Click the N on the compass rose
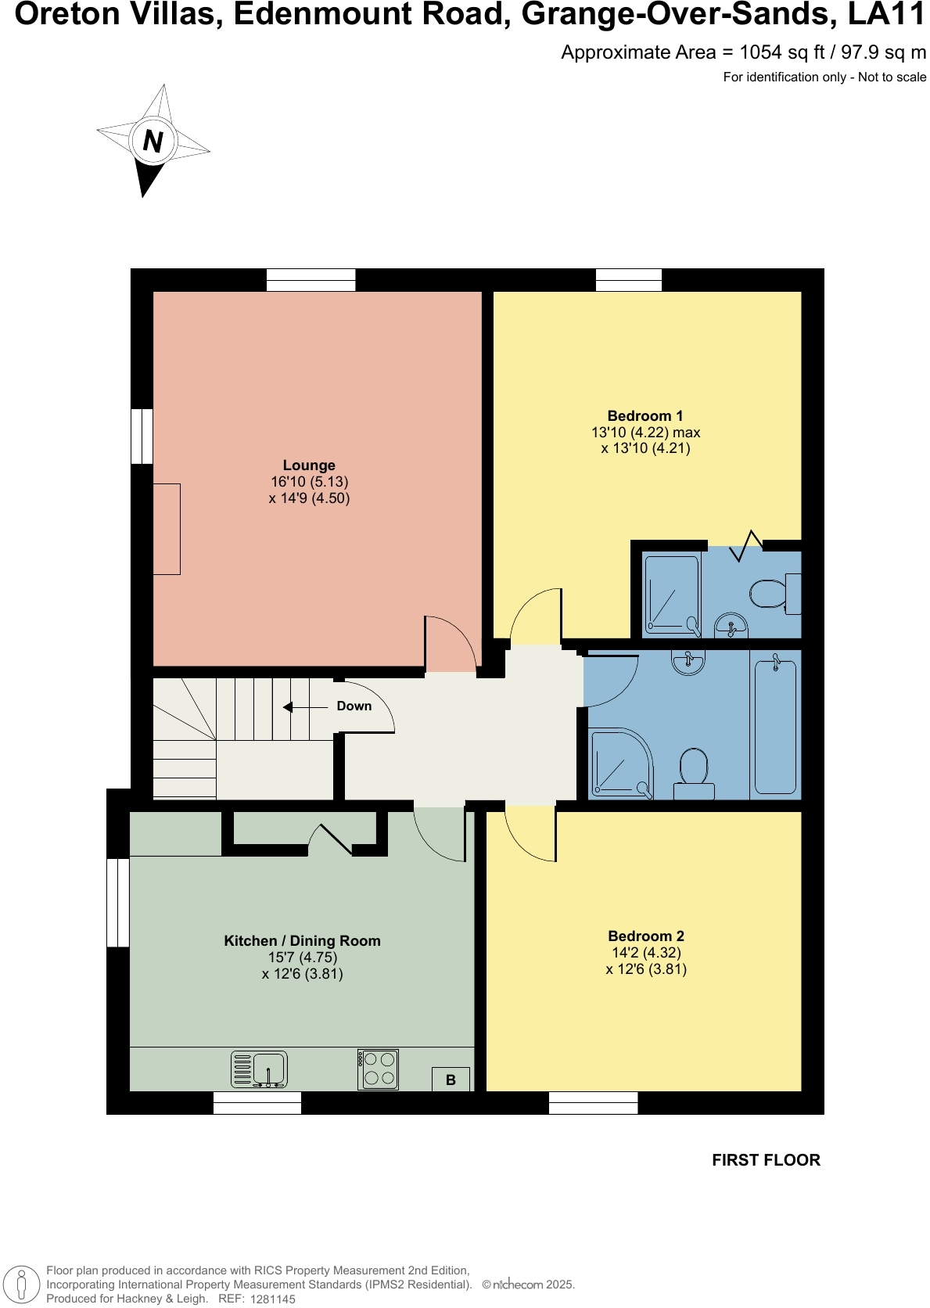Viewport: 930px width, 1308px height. (153, 142)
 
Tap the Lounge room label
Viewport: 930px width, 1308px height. (309, 465)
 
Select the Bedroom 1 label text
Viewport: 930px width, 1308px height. (645, 416)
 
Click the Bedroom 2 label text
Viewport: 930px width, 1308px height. (646, 936)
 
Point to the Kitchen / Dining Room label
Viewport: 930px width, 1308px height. (302, 941)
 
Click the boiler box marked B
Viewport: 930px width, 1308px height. (451, 1080)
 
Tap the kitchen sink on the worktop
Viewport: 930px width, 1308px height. (260, 1069)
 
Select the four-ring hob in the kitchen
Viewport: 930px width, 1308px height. (379, 1069)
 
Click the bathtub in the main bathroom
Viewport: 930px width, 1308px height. (775, 726)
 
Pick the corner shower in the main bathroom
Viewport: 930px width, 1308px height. (620, 764)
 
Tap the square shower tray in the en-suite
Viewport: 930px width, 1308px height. (671, 594)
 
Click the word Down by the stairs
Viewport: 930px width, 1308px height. (354, 706)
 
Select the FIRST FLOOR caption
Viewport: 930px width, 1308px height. (766, 1160)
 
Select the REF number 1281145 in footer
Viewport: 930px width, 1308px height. (272, 1299)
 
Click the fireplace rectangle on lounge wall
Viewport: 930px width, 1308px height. (167, 529)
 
